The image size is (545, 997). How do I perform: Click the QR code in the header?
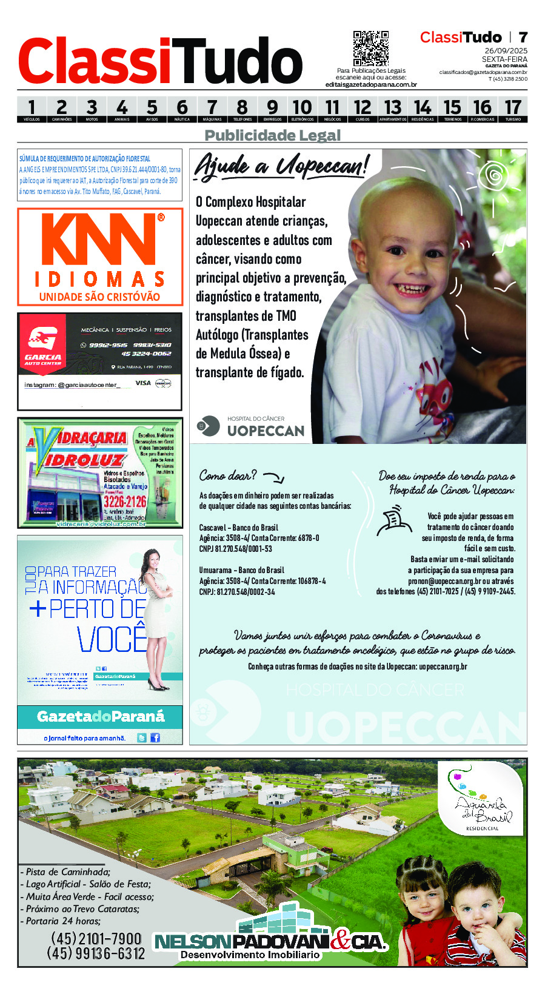click(x=370, y=49)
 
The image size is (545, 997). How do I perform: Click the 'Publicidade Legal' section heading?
click(x=272, y=135)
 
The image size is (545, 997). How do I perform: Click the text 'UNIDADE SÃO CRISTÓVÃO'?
click(x=99, y=297)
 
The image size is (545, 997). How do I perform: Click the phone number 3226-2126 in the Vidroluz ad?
click(x=125, y=502)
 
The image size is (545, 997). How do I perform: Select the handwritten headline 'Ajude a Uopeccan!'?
click(x=281, y=166)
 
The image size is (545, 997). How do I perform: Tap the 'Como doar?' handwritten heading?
click(x=229, y=475)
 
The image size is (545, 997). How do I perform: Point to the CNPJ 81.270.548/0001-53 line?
click(x=235, y=549)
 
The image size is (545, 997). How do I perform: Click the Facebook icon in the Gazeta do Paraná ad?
click(x=155, y=737)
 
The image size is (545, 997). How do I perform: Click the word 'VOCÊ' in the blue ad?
click(x=112, y=639)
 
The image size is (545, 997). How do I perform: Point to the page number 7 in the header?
click(x=523, y=38)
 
